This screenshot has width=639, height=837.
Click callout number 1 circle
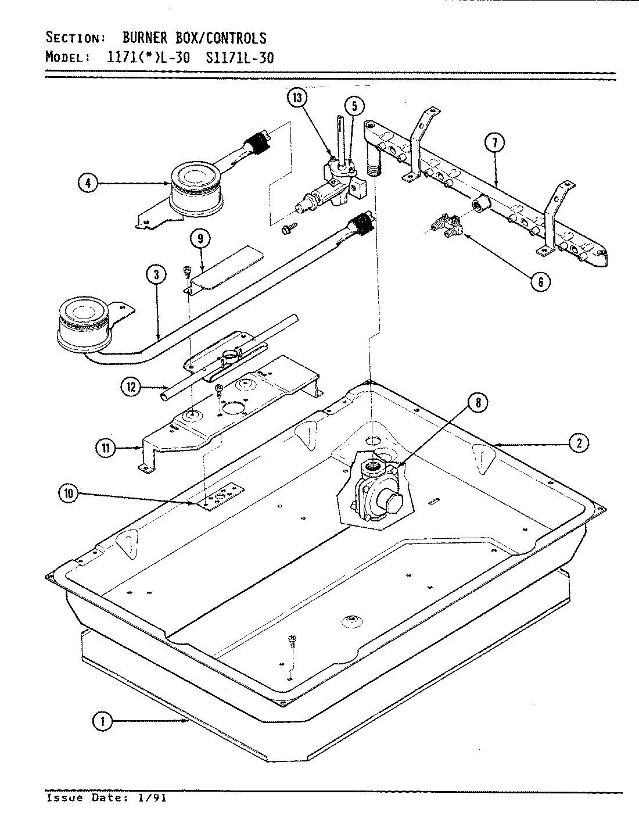point(102,722)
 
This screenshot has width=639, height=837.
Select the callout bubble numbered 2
point(579,443)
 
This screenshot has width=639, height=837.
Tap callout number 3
point(157,276)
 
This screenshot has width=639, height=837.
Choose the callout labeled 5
point(354,106)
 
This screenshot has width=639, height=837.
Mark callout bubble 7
point(494,143)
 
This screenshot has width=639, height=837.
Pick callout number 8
point(478,403)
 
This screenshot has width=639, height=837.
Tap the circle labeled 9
point(199,238)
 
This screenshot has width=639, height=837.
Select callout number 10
point(69,494)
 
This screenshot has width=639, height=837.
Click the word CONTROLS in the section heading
point(236,38)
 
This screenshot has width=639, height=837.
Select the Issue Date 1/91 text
point(106,798)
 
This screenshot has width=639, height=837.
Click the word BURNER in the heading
point(145,38)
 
